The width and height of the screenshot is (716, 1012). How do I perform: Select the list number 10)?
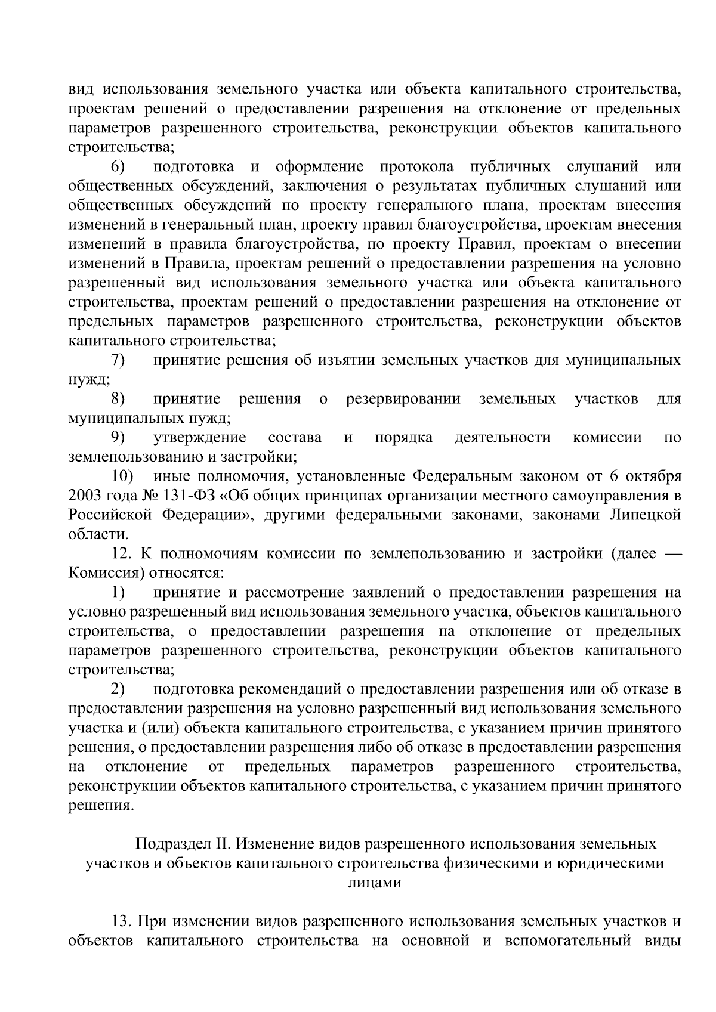point(124,476)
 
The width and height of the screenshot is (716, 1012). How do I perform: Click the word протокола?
point(416,166)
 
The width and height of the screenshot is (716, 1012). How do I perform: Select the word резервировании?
point(403,399)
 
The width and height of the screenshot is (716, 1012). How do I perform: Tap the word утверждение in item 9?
point(200,438)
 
